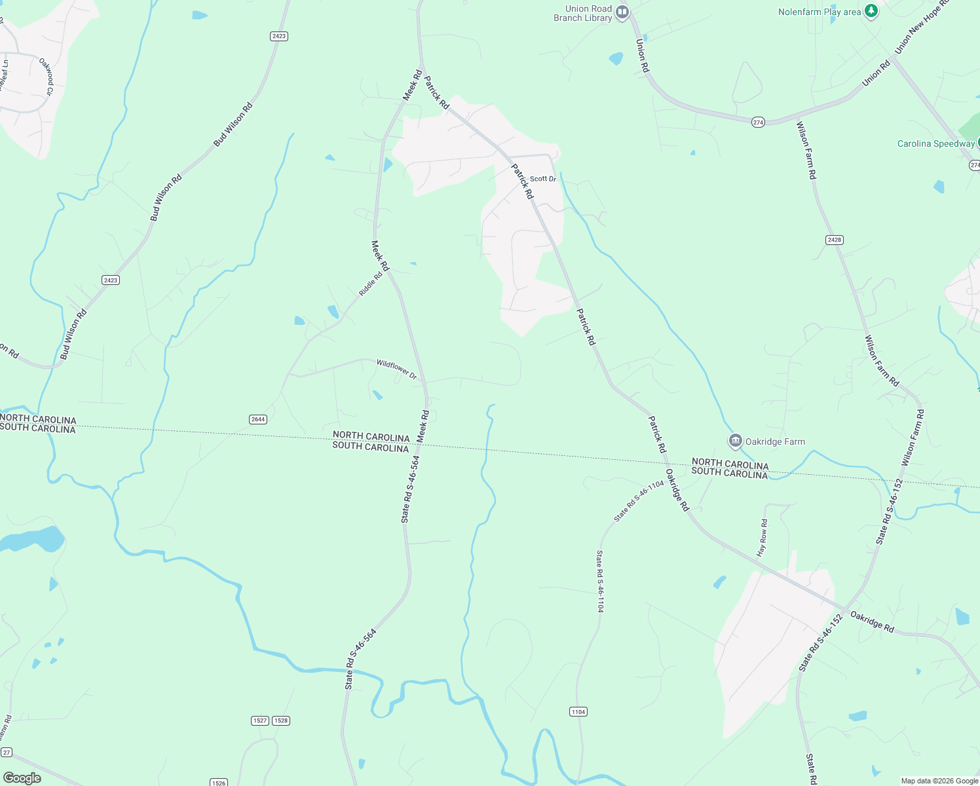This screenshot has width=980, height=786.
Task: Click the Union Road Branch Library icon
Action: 622,12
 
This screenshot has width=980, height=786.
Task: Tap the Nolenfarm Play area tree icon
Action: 871,11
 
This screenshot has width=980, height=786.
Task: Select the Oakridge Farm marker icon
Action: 735,441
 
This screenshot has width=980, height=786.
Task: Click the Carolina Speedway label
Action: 935,144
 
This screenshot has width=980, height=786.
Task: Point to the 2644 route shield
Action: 258,419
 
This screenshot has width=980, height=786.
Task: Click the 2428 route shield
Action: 834,240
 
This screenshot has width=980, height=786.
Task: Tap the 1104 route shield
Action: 578,712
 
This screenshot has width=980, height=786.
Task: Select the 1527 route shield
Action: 260,720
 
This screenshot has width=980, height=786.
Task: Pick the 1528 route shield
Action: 281,720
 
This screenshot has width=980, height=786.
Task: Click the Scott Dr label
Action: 542,179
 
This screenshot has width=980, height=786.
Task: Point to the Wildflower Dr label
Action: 396,369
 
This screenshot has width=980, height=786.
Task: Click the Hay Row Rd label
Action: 762,538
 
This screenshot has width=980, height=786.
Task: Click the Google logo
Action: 22,778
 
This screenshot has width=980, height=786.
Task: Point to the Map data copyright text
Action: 939,781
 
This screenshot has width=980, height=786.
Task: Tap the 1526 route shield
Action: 219,783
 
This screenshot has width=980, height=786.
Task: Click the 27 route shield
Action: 6,753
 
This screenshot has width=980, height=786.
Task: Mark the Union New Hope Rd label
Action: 920,28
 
